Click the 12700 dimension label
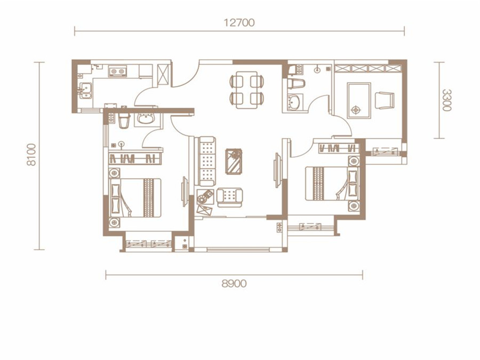click(x=239, y=22)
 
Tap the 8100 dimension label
click(x=31, y=155)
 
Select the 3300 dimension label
click(x=447, y=100)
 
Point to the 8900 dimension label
click(x=234, y=284)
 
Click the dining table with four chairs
click(x=247, y=90)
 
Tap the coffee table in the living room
click(x=234, y=161)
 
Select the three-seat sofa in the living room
click(x=205, y=161)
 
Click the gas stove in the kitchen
click(x=117, y=71)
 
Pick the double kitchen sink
click(x=85, y=91)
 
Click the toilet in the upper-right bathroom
click(x=297, y=84)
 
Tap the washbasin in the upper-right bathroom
click(x=295, y=102)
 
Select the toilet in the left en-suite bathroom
click(x=124, y=121)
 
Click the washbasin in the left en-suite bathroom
click(x=146, y=118)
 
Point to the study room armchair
click(x=385, y=100)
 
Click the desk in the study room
click(x=359, y=100)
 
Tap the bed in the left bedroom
click(x=135, y=198)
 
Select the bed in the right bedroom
click(x=332, y=183)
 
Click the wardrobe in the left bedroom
click(x=135, y=158)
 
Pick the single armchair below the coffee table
click(x=229, y=197)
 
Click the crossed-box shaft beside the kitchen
click(x=163, y=75)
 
